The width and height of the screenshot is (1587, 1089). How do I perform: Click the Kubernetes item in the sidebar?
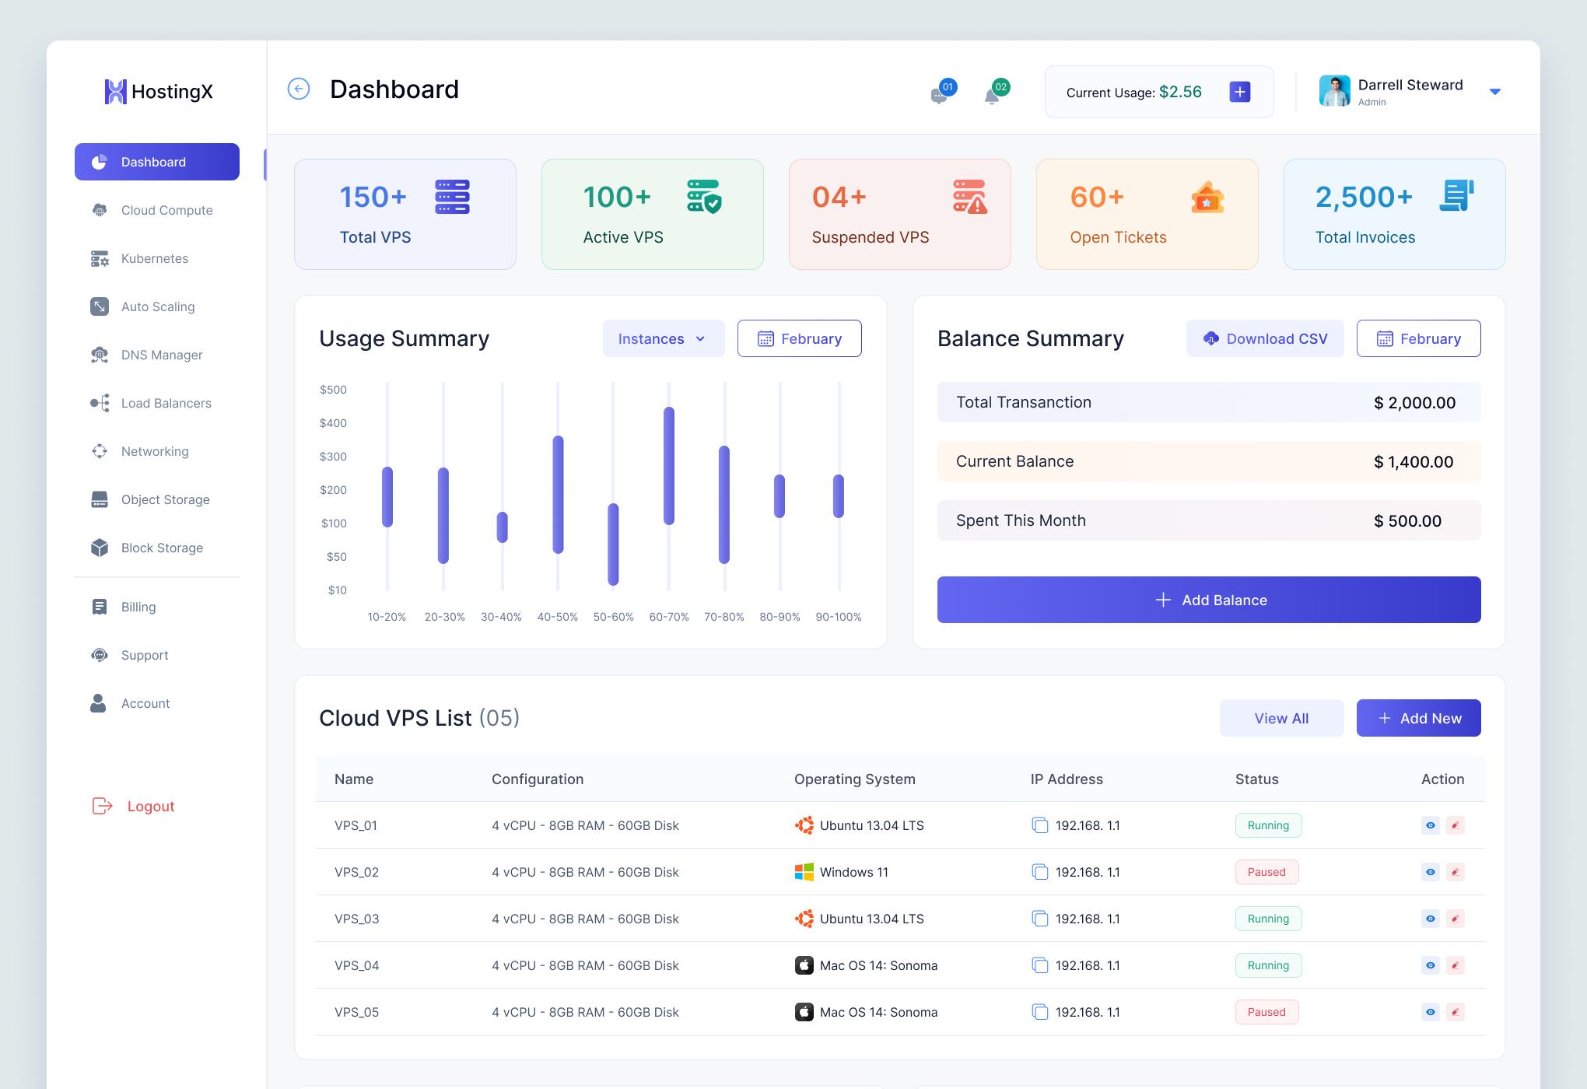tap(154, 258)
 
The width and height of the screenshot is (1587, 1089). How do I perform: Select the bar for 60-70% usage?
tap(669, 465)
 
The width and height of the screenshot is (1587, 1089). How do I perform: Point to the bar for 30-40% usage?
tap(503, 527)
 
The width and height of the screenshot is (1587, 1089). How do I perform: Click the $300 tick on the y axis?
tap(333, 457)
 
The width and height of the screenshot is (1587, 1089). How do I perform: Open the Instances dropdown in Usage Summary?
tap(663, 338)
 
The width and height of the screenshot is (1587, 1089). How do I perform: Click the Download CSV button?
tap(1265, 338)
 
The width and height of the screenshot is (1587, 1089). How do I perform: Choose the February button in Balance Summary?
tap(1418, 338)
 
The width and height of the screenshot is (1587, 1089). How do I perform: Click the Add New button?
tap(1418, 718)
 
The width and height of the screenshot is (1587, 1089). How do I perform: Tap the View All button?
tap(1281, 718)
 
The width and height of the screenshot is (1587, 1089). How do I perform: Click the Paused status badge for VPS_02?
tap(1266, 872)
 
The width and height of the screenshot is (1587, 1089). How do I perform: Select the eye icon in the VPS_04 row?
tap(1431, 965)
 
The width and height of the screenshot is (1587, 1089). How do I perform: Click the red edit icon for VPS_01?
tap(1456, 825)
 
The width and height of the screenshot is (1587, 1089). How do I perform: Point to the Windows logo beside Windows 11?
tap(804, 872)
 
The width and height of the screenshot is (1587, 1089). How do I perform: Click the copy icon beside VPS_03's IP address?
tap(1039, 919)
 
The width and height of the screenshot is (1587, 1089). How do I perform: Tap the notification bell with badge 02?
tap(993, 95)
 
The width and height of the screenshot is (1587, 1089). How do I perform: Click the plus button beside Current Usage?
tap(1240, 92)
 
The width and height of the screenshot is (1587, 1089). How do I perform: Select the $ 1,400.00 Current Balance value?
tap(1413, 461)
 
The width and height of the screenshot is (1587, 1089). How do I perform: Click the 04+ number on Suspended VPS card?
tap(839, 197)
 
